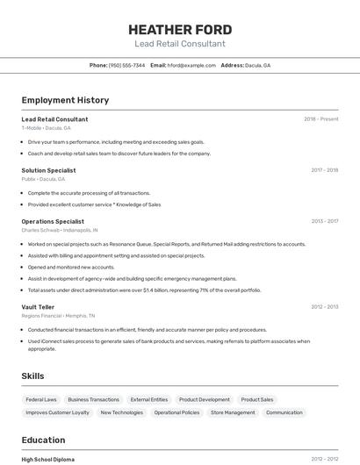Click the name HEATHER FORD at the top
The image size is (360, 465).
click(180, 28)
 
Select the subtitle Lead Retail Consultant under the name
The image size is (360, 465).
click(180, 44)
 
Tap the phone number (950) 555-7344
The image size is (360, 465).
click(126, 65)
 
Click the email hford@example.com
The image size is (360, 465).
click(191, 65)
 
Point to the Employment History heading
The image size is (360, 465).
click(65, 100)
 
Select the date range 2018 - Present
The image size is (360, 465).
click(320, 118)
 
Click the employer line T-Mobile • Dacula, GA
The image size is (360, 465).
click(46, 128)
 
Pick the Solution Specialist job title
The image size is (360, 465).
click(48, 170)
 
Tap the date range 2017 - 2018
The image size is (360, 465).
click(324, 170)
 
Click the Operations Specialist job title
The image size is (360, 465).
click(53, 221)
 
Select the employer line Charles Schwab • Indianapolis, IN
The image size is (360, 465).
click(60, 231)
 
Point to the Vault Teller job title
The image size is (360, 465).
click(38, 306)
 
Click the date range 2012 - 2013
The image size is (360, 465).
click(324, 306)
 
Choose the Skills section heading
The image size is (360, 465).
click(32, 376)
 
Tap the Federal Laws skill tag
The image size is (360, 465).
click(41, 399)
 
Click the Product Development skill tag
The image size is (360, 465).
click(204, 399)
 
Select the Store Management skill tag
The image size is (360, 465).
click(233, 412)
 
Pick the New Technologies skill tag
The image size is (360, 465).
click(121, 412)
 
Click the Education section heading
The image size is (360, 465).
click(43, 440)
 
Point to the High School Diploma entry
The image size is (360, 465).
click(48, 459)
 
